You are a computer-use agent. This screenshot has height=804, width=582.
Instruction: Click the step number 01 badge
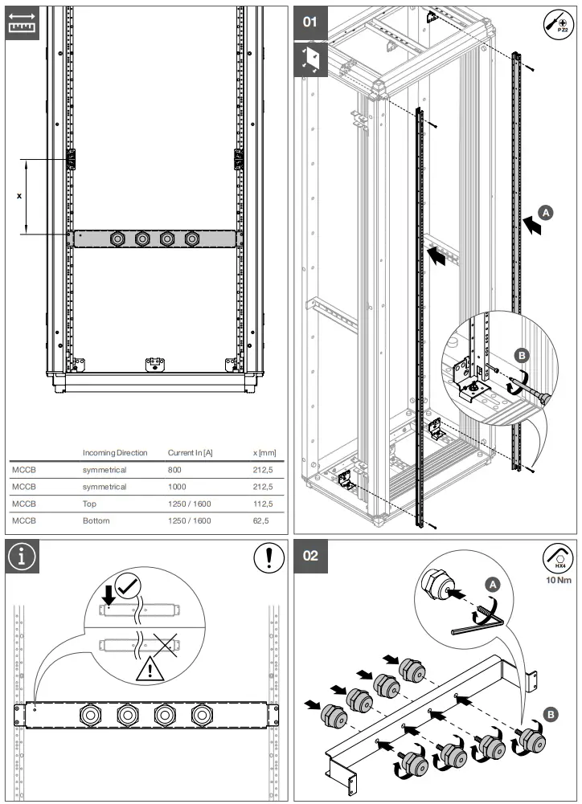coord(309,22)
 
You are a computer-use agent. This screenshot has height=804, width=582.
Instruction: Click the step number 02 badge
coord(309,555)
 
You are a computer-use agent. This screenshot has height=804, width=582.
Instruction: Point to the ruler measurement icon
coord(22,23)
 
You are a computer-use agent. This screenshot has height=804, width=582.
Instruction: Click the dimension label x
coord(19,195)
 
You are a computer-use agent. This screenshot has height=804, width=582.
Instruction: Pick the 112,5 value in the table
coord(263,504)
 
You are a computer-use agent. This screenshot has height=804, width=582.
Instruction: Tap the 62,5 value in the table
coord(264,520)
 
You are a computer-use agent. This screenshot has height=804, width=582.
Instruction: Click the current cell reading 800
coord(174,470)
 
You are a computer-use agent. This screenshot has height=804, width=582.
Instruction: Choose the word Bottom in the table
coord(96,520)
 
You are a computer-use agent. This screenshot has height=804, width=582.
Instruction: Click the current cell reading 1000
coord(177,487)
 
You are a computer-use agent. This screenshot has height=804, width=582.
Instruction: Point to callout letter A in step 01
coord(546,213)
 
